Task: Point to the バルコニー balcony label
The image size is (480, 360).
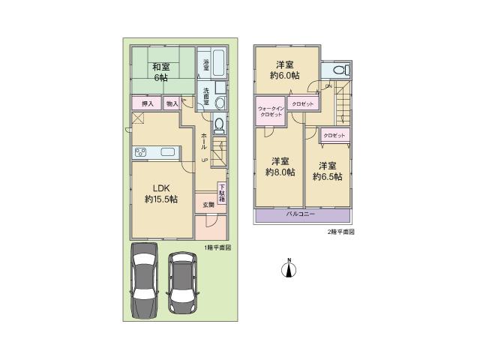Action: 301,214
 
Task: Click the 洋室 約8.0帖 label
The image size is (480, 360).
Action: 280,166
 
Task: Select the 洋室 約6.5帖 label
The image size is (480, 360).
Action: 328,171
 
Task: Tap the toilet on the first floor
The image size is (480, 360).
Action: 219,125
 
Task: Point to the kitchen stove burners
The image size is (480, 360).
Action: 141,154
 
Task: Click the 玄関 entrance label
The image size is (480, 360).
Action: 207,204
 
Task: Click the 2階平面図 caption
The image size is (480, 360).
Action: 340,232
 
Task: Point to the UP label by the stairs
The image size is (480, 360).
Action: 204,160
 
